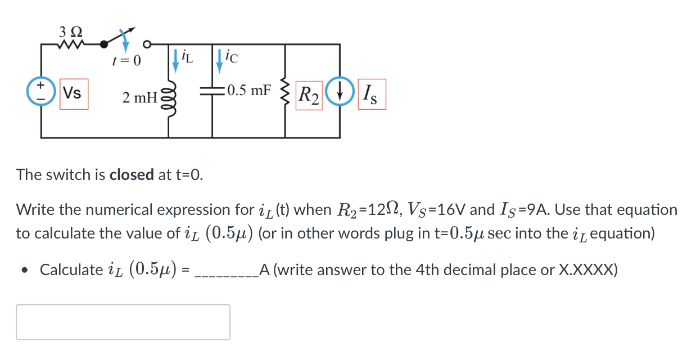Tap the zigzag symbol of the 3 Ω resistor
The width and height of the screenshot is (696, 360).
71,43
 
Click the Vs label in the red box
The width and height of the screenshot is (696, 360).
74,93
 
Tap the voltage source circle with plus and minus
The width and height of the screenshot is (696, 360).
41,92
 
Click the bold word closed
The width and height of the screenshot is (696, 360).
132,175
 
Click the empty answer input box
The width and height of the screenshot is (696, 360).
123,322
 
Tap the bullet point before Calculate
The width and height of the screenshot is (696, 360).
24,270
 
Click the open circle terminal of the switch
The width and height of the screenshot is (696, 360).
147,43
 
